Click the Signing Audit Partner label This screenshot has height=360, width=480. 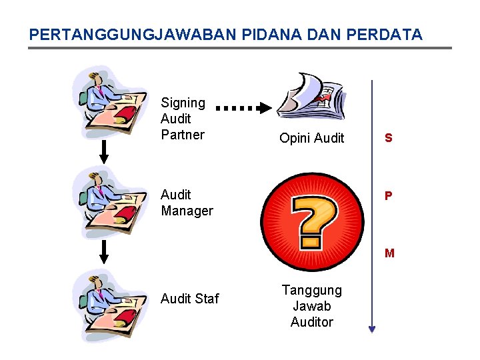pos(183,119)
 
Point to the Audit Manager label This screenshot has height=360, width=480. pos(187,203)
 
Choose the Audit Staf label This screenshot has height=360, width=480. pos(189,299)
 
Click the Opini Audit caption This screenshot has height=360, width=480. pos(311,139)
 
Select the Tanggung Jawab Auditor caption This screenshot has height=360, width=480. pos(311,306)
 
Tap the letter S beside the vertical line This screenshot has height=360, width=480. pos(388,139)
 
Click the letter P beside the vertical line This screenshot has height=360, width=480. pos(388,196)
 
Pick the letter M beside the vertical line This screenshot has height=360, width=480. pos(389,253)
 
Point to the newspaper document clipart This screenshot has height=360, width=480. pos(311,97)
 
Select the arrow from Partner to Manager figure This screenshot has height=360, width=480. pos(104,152)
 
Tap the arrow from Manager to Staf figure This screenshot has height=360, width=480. pos(104,252)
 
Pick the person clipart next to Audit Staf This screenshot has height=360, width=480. pos(110,305)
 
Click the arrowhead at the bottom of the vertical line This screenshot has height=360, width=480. pos(372,328)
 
